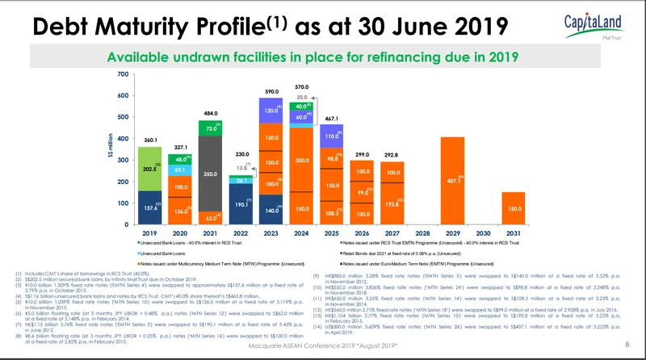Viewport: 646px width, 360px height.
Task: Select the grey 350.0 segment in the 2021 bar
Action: click(210, 174)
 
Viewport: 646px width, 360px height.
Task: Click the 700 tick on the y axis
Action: click(123, 75)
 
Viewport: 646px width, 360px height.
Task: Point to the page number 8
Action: click(628, 346)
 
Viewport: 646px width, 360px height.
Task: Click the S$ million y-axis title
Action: click(111, 149)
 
